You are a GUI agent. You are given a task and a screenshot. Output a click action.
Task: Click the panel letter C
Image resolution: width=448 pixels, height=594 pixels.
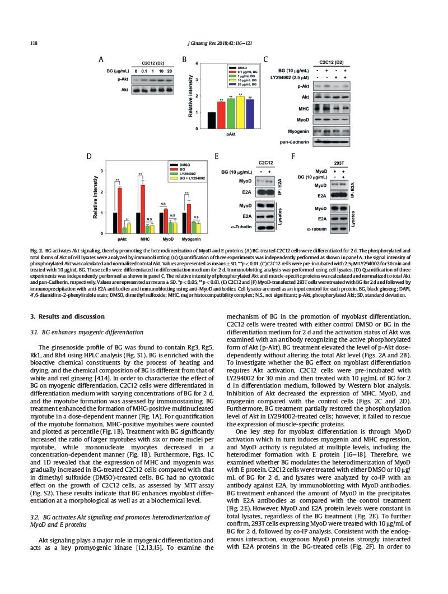click(x=265, y=58)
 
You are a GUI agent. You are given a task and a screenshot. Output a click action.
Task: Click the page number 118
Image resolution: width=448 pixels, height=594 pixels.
click(x=33, y=43)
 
